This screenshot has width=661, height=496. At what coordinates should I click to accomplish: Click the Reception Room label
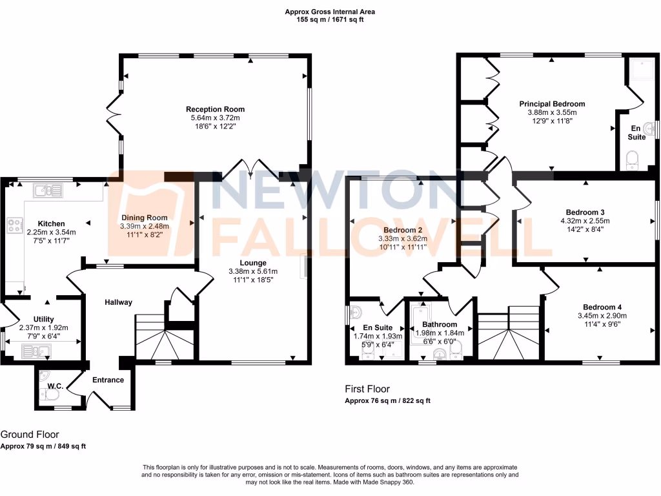click(215, 109)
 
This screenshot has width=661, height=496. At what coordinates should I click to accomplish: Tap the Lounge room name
click(253, 263)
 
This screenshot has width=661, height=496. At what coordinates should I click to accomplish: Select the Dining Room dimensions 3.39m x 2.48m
click(144, 227)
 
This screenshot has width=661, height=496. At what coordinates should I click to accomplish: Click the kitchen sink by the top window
click(49, 190)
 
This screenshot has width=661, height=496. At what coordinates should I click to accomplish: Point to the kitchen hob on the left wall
click(14, 226)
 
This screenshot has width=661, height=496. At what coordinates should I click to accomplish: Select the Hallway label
click(119, 302)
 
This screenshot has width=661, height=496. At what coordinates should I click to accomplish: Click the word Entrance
click(108, 380)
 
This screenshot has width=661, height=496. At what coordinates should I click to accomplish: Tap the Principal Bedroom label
click(552, 104)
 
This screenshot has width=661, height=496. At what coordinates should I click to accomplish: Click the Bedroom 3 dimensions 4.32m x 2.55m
click(585, 221)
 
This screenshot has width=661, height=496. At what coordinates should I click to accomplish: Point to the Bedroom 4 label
click(602, 307)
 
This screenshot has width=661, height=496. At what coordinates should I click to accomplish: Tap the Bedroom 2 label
click(403, 230)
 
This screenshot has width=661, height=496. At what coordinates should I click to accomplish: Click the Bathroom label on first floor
click(440, 324)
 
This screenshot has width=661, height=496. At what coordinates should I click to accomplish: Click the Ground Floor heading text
click(30, 435)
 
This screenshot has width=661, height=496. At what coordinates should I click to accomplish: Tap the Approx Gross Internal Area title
click(330, 12)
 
